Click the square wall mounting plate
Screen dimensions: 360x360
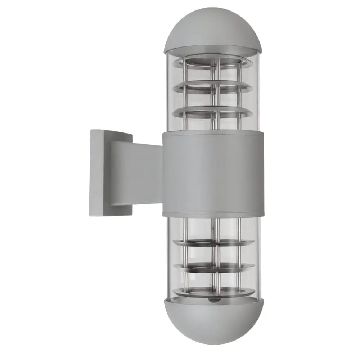tap(99, 173)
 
